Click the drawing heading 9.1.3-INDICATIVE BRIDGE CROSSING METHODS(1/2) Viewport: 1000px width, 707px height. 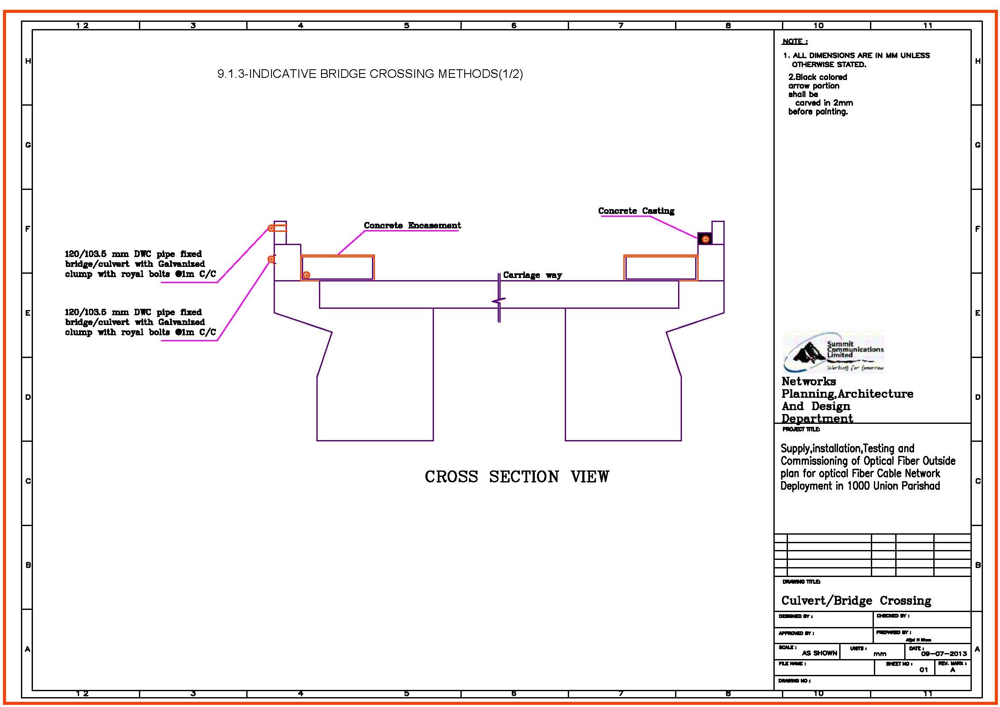370,74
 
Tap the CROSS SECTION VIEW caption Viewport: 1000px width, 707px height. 516,476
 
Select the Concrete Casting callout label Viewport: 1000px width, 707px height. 636,211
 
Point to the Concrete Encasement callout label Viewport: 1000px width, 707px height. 412,225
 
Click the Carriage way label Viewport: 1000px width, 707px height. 532,275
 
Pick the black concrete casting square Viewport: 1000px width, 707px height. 705,239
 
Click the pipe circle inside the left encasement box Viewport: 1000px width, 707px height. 307,275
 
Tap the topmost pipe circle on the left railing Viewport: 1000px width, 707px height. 271,228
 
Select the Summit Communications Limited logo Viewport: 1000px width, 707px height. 834,352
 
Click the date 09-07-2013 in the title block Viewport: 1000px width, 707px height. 944,654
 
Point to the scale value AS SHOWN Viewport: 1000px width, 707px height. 819,653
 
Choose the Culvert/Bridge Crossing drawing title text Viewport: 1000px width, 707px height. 856,601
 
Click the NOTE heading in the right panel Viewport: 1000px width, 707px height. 794,41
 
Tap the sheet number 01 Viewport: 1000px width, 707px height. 923,669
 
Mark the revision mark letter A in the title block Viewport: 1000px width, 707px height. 953,670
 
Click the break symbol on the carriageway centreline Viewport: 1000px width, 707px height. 499,301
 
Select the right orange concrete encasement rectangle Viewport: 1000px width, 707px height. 660,267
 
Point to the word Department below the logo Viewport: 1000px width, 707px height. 817,418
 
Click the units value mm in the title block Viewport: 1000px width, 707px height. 879,654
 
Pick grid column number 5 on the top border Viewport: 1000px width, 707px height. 406,26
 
